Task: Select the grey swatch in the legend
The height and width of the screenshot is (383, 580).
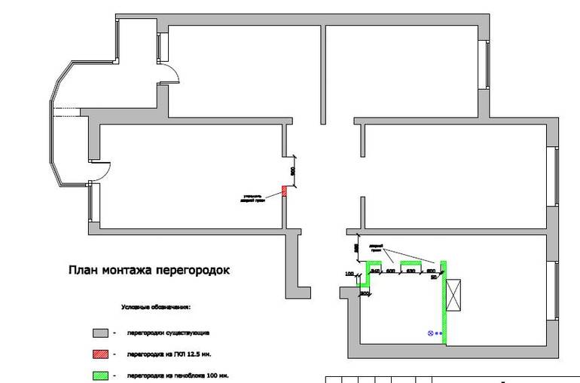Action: pos(97,332)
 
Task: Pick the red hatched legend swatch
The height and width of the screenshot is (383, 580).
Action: pos(97,354)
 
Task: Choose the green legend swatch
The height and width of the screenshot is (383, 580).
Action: pos(97,375)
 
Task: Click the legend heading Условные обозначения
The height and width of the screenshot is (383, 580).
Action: pos(156,308)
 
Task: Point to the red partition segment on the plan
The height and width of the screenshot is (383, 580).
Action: pos(285,191)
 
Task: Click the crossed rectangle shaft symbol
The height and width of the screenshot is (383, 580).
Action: pos(454,294)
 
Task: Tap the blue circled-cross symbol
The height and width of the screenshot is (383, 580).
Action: pos(431,332)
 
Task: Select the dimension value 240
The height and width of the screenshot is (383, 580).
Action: pos(375,270)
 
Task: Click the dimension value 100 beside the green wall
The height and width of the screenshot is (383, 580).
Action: pos(350,274)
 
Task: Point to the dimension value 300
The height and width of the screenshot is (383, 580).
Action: pos(365,293)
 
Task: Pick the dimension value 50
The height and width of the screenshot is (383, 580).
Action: pos(434,277)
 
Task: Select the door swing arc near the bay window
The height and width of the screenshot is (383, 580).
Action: pos(104,170)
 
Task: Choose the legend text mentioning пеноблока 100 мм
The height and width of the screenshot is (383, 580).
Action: pos(178,375)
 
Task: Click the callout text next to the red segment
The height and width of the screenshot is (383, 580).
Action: pos(251,198)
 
